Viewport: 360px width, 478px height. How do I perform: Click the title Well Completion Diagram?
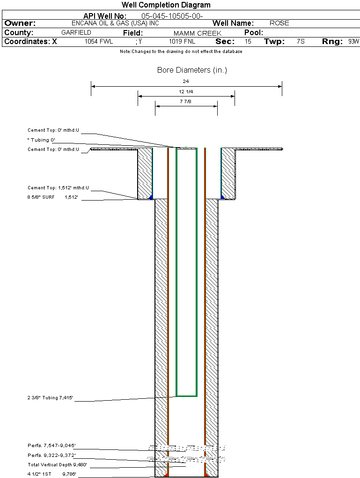coord(166,5)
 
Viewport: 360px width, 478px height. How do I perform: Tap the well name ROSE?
coord(279,23)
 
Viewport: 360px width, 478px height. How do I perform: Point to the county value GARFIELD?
coord(76,33)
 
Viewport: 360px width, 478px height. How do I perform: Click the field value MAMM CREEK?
coord(197,33)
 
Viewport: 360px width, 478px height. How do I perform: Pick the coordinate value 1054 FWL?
coord(99,42)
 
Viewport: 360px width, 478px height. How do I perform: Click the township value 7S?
coord(301,42)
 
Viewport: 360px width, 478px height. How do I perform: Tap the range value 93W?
coord(353,42)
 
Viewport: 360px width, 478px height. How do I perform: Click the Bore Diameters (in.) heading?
coord(192,70)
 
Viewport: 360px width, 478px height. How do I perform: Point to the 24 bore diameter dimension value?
coord(186,82)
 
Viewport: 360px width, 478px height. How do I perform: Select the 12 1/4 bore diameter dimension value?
coord(186,91)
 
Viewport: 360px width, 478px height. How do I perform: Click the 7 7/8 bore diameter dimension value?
coord(186,101)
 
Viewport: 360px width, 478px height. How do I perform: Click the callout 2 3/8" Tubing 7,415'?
coord(50,398)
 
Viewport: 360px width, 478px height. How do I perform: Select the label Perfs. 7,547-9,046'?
coord(51,445)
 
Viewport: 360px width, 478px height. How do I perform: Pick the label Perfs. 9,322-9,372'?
coord(51,455)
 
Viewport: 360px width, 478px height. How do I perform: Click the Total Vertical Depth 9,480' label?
coord(57,465)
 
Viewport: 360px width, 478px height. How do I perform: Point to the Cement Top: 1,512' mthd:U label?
coord(58,188)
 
